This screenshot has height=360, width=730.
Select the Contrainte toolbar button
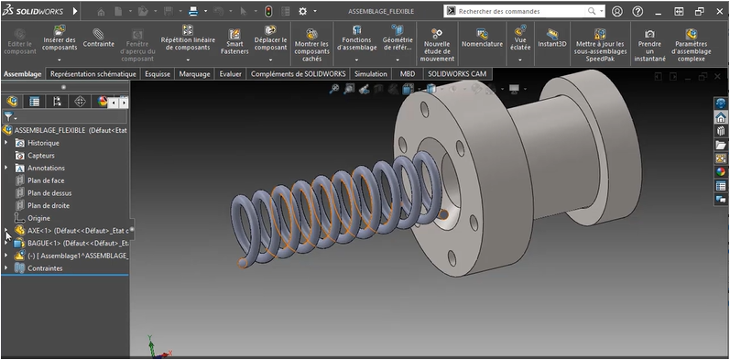(x=99, y=38)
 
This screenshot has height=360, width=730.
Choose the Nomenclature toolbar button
(x=482, y=38)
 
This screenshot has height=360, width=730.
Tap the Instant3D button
(x=552, y=38)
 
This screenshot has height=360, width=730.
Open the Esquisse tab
(x=157, y=73)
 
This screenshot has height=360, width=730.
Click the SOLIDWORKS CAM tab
(x=456, y=73)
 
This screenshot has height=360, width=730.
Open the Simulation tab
(x=370, y=73)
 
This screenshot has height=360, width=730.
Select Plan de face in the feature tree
(x=46, y=180)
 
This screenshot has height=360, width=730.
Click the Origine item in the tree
(x=38, y=218)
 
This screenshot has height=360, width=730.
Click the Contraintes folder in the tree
(x=44, y=268)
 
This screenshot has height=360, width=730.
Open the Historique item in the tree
(x=42, y=143)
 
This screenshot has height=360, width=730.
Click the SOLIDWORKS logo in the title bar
(x=33, y=11)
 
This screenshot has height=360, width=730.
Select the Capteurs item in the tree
(x=40, y=156)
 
